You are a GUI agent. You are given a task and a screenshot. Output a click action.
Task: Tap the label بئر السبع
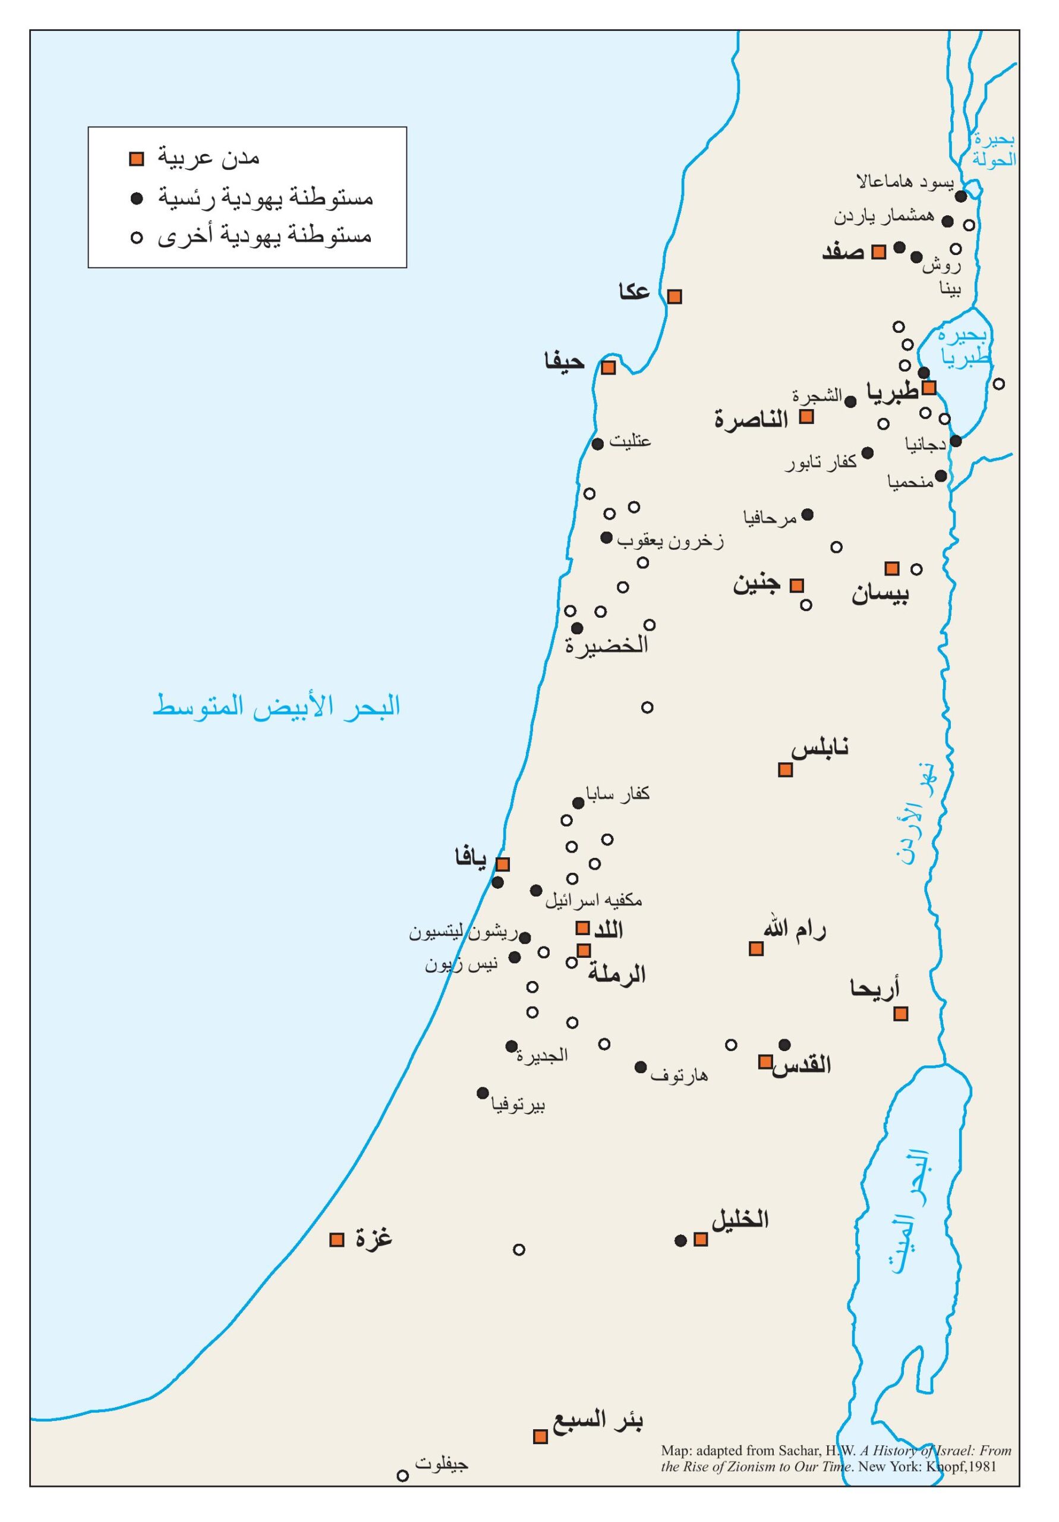coord(599,1420)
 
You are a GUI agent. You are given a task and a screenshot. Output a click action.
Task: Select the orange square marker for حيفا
coord(608,367)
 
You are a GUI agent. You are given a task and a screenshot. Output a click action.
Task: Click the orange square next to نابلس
coord(784,769)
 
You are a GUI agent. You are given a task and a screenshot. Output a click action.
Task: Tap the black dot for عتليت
coord(597,444)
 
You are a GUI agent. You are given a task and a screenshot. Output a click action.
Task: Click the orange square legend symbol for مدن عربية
coord(137,159)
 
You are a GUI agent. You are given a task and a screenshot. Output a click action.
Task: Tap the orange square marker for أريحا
coord(900,1014)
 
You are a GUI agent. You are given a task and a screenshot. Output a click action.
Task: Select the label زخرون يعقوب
coord(670,542)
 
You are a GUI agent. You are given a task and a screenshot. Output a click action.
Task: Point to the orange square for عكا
coord(674,296)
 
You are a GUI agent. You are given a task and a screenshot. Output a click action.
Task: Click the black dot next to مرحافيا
coord(807,514)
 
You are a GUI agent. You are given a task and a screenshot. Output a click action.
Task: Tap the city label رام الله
coord(794,929)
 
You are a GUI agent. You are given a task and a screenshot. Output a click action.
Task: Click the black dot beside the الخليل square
coord(680,1240)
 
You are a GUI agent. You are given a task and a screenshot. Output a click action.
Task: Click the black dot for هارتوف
coord(640,1067)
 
